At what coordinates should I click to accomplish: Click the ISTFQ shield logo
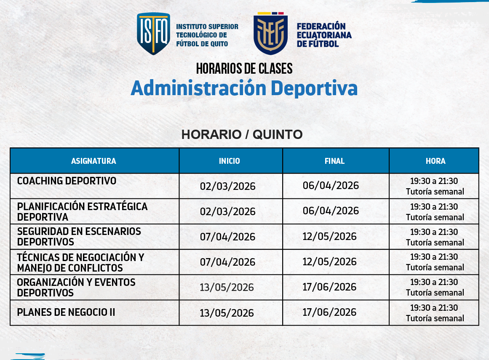(153, 34)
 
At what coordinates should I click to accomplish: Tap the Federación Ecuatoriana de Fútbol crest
(270, 34)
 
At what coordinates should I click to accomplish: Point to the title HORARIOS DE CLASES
(244, 68)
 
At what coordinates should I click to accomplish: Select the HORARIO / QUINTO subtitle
(242, 134)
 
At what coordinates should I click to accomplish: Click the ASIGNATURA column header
(94, 161)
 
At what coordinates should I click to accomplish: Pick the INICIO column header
(230, 161)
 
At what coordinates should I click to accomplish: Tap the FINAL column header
(334, 161)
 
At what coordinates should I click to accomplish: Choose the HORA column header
(435, 161)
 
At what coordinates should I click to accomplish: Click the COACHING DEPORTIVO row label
(67, 181)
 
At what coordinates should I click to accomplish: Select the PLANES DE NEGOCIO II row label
(66, 312)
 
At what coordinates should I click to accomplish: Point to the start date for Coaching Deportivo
(227, 186)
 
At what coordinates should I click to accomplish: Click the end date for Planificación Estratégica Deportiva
(331, 211)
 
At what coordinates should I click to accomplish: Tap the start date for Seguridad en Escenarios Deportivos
(227, 237)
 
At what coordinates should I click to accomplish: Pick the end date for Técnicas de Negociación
(329, 261)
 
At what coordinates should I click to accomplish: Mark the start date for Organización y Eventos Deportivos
(227, 287)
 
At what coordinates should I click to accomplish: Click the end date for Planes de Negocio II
(329, 312)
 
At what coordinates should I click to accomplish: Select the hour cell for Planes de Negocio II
(435, 313)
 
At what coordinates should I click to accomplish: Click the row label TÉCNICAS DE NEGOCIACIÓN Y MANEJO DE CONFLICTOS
(80, 262)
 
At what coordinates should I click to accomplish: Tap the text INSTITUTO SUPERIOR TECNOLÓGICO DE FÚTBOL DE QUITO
(207, 35)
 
